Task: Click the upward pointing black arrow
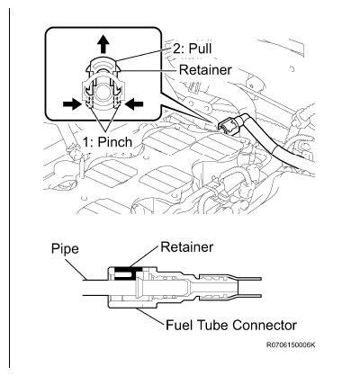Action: (x=103, y=43)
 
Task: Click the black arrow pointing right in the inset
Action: (x=72, y=104)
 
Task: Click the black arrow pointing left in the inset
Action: (x=134, y=104)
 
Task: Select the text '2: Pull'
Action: (x=192, y=48)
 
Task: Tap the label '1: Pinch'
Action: (x=107, y=142)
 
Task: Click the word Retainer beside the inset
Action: (x=205, y=70)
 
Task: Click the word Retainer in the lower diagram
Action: (x=187, y=246)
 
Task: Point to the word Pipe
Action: (x=65, y=249)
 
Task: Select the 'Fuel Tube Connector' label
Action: (x=231, y=325)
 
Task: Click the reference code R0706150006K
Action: (x=291, y=345)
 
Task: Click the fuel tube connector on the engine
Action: (x=231, y=124)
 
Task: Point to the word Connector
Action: (x=265, y=325)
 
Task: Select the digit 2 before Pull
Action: (x=175, y=48)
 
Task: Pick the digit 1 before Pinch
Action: (x=86, y=142)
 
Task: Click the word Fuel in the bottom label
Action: (x=178, y=325)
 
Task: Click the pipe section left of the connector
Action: (x=95, y=288)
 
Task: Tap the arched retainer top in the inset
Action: (x=103, y=59)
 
